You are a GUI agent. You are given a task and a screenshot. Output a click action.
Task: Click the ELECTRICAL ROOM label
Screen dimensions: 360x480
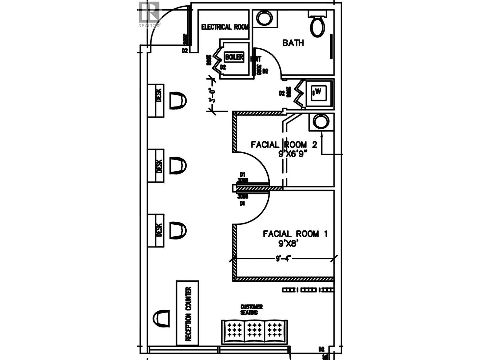225,27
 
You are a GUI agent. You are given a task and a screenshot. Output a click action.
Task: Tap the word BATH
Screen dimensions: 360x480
293,43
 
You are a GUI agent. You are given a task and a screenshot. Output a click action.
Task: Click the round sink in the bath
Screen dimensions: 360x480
264,18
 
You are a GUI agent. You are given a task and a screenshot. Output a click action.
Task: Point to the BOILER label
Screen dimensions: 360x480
234,57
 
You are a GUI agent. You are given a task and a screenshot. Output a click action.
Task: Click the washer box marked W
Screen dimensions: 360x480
318,93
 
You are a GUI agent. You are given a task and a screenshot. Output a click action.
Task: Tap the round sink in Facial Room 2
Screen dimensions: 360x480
321,122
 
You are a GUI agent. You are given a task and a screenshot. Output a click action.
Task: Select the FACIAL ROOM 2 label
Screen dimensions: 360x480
284,145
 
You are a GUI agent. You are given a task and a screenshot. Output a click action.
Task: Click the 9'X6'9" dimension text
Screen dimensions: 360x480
293,154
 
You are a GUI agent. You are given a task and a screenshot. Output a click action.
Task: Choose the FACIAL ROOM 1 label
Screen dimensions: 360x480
295,234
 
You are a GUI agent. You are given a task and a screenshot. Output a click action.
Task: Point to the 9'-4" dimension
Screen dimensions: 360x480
283,259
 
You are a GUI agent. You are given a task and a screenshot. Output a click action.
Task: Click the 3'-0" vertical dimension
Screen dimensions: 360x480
213,95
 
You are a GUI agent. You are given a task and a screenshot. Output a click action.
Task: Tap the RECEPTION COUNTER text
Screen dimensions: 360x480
188,314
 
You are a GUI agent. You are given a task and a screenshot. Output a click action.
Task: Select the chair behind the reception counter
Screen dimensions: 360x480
161,318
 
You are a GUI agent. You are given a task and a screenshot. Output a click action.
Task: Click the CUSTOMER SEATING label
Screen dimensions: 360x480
251,310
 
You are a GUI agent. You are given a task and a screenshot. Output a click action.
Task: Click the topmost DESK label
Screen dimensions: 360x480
159,94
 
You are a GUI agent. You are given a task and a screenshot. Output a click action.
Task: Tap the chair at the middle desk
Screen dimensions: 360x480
178,165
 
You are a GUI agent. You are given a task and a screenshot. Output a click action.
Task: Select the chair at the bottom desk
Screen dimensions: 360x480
178,230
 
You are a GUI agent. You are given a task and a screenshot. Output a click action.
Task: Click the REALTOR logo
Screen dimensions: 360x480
150,15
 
